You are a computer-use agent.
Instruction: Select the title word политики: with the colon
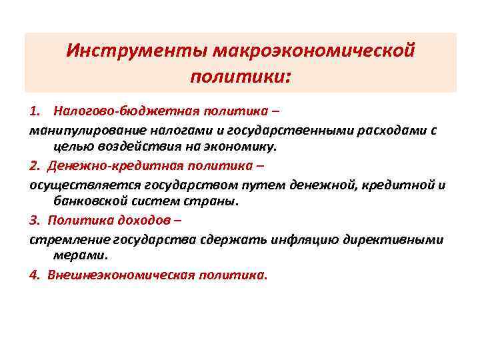click(x=240, y=78)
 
